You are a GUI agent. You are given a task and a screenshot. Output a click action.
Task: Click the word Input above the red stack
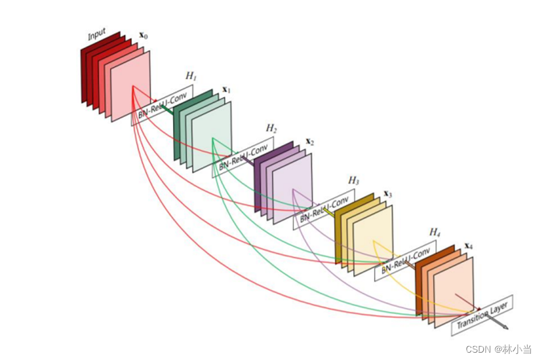coord(96,34)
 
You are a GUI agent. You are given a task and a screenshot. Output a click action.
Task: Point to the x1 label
coord(226,89)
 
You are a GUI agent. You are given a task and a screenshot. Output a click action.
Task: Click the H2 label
coord(271,128)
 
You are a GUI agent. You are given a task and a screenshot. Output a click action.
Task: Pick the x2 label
coord(309,142)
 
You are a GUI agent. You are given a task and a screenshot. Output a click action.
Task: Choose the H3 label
coord(353,180)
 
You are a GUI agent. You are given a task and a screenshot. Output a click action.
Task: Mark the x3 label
coord(388,194)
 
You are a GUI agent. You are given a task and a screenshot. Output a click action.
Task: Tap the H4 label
coord(435,232)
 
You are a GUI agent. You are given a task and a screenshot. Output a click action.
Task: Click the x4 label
coord(468,246)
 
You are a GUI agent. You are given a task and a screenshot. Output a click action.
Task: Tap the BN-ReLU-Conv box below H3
coord(324,207)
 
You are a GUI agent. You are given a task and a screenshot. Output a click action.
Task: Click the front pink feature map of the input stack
coord(130,87)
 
